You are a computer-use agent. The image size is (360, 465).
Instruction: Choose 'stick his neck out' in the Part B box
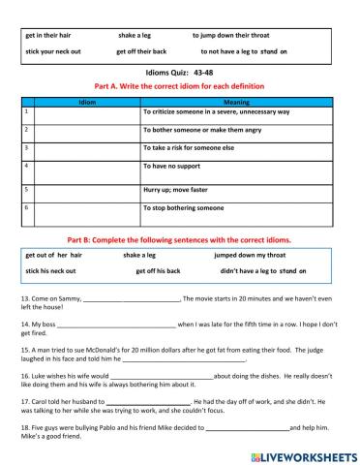point(52,271)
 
